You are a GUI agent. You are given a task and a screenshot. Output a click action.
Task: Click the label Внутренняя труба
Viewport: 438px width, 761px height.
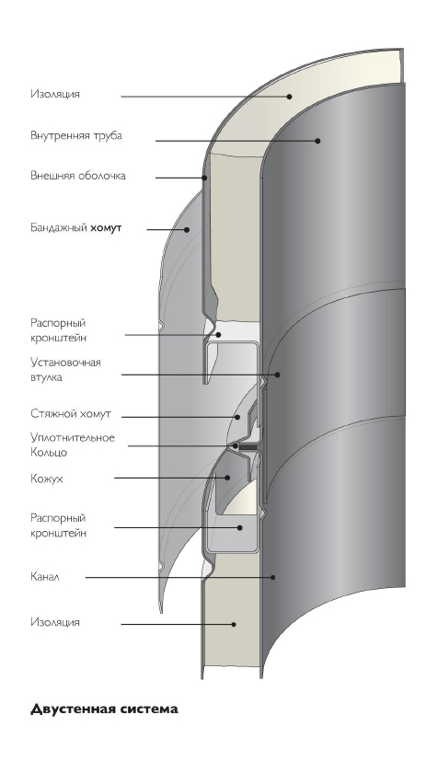click(76, 135)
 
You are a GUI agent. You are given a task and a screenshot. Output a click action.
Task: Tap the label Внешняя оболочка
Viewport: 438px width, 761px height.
click(78, 175)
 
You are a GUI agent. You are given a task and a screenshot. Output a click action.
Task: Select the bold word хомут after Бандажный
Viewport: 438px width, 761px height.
click(106, 227)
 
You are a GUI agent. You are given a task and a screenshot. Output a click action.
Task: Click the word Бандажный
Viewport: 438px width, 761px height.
click(59, 227)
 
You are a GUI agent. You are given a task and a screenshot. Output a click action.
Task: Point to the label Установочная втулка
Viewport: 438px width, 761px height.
click(65, 369)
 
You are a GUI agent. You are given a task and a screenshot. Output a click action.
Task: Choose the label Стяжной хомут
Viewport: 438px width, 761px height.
click(71, 414)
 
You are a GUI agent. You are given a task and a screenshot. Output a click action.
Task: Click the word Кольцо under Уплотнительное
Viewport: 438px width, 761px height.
click(49, 453)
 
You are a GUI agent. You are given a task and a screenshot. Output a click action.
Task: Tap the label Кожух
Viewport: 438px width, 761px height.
click(47, 479)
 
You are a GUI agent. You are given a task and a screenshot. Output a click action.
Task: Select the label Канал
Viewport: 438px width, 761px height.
click(44, 577)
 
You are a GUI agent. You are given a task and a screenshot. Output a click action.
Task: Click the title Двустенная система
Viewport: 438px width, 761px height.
click(104, 709)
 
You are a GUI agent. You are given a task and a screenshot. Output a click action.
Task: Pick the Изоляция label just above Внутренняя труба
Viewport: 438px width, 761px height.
click(55, 94)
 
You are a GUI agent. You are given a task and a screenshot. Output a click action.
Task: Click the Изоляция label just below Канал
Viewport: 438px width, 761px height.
click(55, 622)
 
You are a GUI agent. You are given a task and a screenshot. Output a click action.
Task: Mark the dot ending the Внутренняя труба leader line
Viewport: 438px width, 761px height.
click(317, 141)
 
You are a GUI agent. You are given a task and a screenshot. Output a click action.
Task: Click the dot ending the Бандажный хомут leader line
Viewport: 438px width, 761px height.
click(187, 229)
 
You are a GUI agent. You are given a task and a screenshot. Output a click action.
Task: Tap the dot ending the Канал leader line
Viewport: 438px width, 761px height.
click(273, 577)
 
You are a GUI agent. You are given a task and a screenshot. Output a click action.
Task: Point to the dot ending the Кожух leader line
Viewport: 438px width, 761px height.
click(227, 478)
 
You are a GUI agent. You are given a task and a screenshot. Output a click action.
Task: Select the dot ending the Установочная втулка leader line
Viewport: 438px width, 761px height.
click(278, 375)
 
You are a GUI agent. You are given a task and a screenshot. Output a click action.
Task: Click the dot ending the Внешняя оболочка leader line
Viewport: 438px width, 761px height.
click(204, 178)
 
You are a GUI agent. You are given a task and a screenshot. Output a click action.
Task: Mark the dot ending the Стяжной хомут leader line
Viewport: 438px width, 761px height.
click(237, 417)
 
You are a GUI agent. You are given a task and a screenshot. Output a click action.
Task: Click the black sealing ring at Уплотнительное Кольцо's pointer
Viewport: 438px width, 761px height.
click(248, 445)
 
